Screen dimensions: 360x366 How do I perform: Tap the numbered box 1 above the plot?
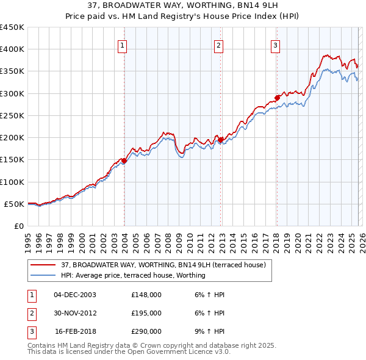coord(123,45)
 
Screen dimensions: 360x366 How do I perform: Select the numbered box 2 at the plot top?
coord(218,45)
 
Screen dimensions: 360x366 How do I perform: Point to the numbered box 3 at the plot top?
coord(275,45)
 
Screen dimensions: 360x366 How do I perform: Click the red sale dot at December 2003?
coord(124,160)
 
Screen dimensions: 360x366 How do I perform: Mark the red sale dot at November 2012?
coord(220,140)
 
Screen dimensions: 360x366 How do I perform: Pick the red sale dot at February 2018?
coord(277,98)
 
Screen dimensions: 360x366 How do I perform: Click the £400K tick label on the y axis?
coord(13,49)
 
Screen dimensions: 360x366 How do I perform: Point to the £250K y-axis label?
coord(13,115)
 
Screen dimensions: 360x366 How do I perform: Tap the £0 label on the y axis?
coord(18,226)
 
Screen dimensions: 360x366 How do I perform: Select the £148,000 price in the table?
coord(146,295)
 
